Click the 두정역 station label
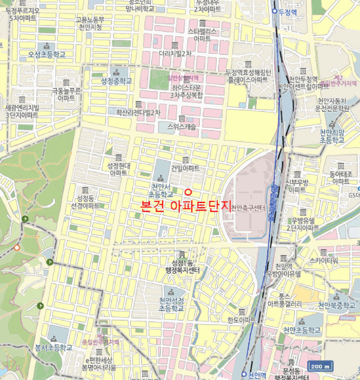[288, 11]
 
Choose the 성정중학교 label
[116, 81]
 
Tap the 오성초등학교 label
[47, 55]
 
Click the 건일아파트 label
[185, 168]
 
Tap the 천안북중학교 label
[337, 305]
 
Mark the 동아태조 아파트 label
[341, 178]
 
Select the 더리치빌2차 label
[175, 54]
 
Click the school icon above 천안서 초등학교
[160, 179]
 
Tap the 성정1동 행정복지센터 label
[182, 267]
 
